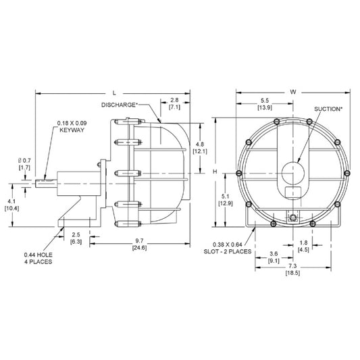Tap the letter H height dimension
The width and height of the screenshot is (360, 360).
pyautogui.click(x=215, y=172)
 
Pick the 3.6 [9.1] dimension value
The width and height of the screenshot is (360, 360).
pyautogui.click(x=274, y=256)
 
